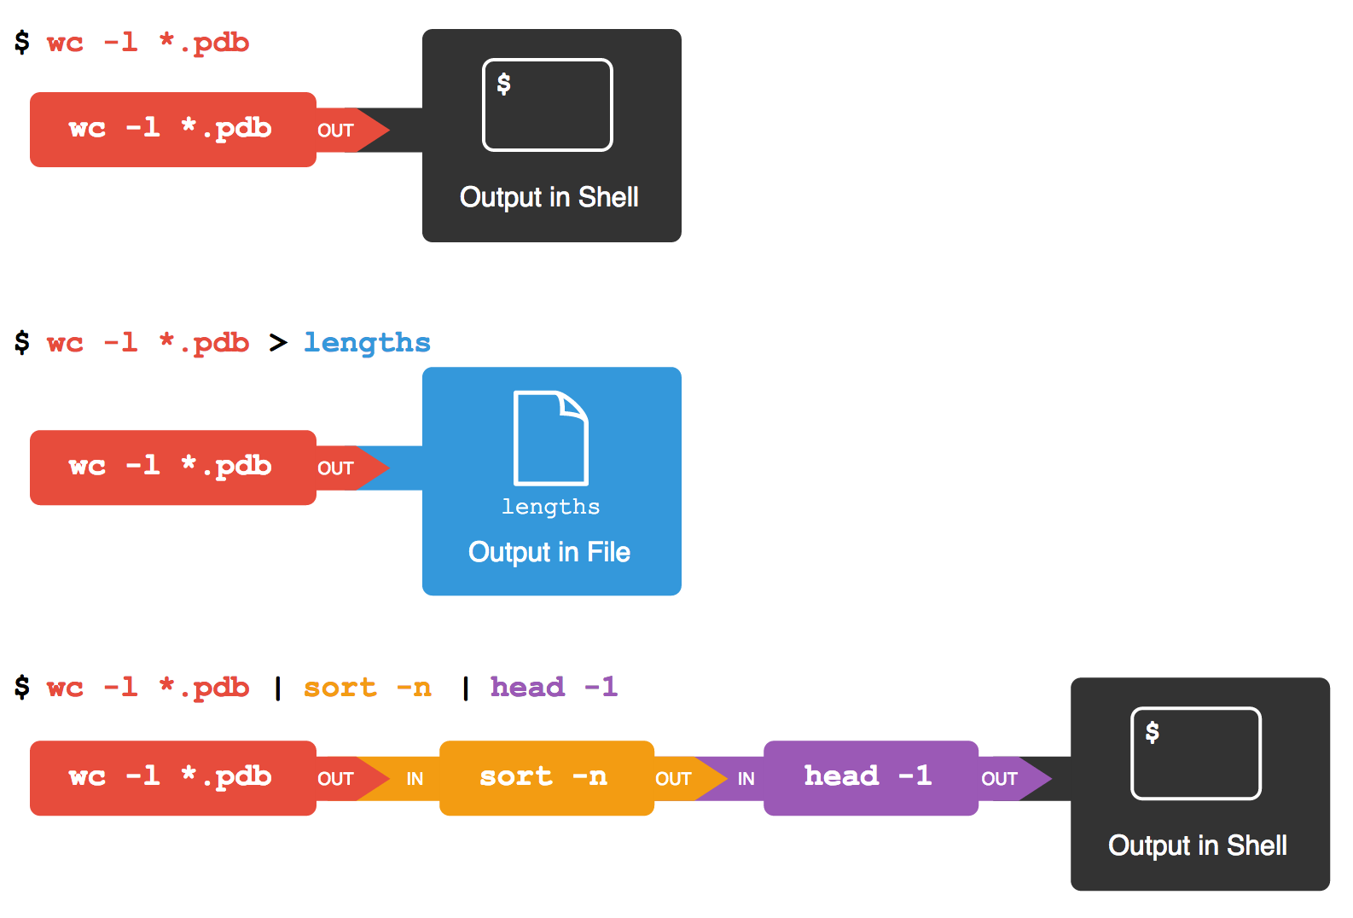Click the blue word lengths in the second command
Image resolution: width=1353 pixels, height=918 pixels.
coord(367,343)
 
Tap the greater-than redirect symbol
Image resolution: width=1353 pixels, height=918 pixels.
coord(278,343)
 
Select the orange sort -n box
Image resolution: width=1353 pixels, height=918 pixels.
coord(546,777)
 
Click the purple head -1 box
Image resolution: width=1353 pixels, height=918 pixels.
coord(870,777)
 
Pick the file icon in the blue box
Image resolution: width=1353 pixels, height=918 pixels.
coord(550,438)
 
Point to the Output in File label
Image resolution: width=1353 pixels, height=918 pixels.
coord(549,552)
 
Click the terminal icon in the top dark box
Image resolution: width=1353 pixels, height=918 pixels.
coord(547,104)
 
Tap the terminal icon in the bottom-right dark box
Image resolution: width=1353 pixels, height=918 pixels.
coord(1195,752)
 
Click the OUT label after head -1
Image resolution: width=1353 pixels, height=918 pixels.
coord(999,779)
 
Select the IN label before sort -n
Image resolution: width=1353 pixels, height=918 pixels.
coord(415,779)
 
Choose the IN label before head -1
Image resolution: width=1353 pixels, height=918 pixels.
coord(746,779)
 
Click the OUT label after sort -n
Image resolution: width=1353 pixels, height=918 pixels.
coord(673,779)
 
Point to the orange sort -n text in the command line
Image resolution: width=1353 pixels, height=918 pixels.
coord(367,688)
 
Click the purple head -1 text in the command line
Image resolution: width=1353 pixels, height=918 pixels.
coord(553,688)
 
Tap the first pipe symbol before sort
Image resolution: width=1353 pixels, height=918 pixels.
coord(278,688)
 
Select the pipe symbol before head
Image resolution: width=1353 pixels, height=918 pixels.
coord(466,688)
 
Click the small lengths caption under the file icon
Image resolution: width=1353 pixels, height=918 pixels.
coord(550,507)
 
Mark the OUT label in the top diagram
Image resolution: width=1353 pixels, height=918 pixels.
coord(335,131)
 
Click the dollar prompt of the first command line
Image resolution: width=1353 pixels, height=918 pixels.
coord(22,42)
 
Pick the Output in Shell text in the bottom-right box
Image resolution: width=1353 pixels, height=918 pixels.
coord(1197,845)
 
